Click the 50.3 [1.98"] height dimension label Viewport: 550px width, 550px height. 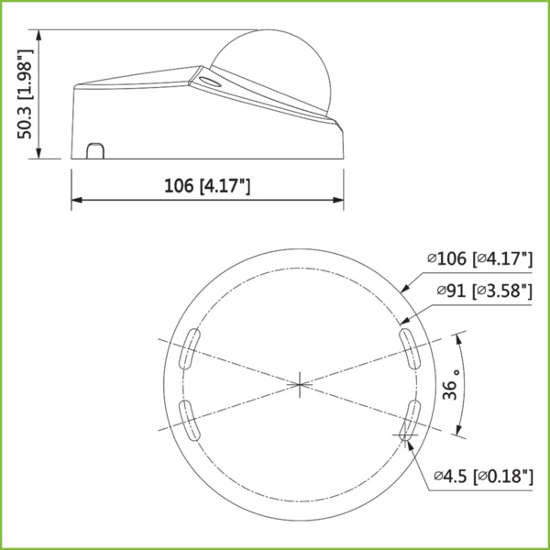[27, 94]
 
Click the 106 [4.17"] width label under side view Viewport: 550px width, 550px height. [207, 186]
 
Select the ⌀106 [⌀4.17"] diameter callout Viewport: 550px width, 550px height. [479, 259]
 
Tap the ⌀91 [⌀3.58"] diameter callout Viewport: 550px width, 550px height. [485, 292]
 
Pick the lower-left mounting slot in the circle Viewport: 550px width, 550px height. [187, 419]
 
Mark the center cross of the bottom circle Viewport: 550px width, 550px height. [299, 383]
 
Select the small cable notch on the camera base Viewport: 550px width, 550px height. [94, 149]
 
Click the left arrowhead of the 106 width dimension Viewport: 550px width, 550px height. [76, 199]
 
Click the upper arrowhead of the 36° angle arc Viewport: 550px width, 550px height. [456, 337]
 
